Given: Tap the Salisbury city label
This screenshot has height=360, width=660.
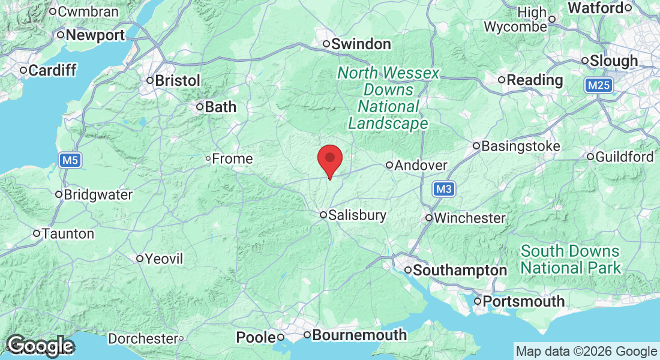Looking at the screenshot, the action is [357, 215].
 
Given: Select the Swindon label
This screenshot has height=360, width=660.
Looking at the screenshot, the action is [361, 44].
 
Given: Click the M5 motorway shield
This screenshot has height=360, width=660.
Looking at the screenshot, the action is [70, 160].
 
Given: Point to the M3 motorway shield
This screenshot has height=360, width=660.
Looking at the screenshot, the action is [443, 190].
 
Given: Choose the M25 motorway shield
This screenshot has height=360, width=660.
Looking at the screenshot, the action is [598, 86].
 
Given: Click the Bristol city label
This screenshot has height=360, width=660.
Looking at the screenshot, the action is [177, 80].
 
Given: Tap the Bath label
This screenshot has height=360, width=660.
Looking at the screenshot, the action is [220, 107].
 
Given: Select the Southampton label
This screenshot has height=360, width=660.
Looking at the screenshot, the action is [460, 271].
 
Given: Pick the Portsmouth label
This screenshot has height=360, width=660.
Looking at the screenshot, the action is [524, 301].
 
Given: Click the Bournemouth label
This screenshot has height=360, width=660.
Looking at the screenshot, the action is [359, 335].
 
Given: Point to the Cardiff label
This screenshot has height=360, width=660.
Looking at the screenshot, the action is [52, 71].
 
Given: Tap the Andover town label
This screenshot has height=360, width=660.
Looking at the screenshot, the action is [421, 165].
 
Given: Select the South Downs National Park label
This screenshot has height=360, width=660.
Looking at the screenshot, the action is [570, 259].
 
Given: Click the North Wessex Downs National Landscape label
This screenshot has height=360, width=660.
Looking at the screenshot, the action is [388, 98].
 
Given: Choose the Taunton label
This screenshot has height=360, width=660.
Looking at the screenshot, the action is [67, 233].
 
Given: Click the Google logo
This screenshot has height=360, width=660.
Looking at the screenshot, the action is [40, 346].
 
